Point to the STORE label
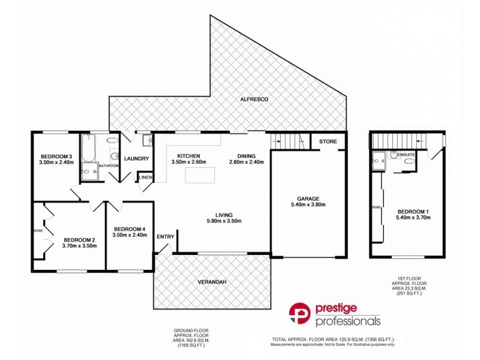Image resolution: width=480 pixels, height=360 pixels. point(328,142)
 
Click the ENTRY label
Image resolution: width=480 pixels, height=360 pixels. point(166,236)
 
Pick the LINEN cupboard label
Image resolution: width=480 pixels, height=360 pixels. point(146,178)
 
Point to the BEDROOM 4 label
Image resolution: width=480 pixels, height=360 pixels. point(130,229)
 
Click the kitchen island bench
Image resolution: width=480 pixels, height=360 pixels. point(200,175)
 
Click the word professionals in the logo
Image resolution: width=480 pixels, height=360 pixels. point(348,321)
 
